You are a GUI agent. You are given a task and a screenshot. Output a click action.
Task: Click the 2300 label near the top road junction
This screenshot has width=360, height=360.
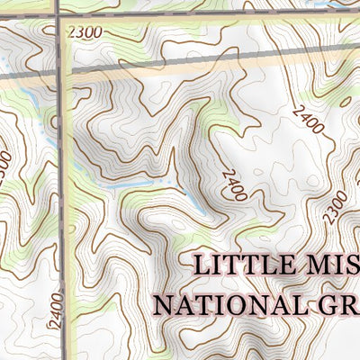coord(84,32)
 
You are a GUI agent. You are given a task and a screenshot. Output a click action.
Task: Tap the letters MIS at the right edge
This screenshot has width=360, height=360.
coord(330,265)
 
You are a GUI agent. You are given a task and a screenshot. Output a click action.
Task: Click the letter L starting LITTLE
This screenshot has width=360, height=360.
coord(202,265)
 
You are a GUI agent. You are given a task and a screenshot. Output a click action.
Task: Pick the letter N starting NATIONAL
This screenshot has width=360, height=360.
coord(165,302)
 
